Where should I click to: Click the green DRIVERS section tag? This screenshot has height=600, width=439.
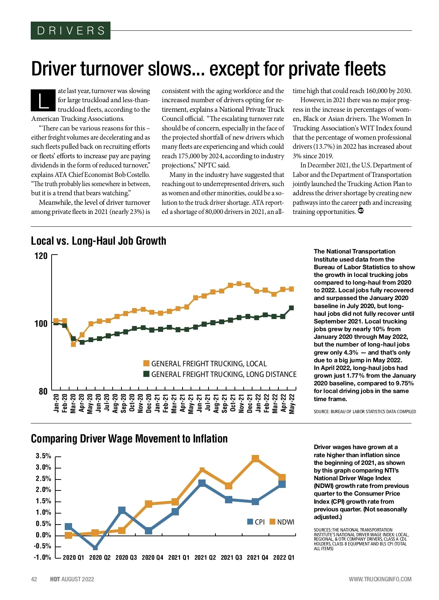(x=71, y=31)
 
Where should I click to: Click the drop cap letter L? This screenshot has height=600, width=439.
(x=43, y=100)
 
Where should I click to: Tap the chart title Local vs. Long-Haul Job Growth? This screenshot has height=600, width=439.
(x=98, y=241)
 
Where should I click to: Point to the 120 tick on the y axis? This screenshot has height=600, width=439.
(x=41, y=256)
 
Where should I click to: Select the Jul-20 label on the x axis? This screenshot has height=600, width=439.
(x=107, y=403)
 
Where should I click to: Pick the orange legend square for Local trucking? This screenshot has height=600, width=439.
(x=146, y=363)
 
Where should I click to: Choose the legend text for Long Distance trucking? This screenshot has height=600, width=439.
(x=224, y=374)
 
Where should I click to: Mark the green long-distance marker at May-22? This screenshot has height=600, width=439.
(x=292, y=308)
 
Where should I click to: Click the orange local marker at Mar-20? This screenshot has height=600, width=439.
(x=74, y=344)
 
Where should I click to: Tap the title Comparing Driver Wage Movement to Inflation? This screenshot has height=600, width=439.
(x=129, y=439)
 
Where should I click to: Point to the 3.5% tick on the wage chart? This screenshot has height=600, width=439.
(x=43, y=456)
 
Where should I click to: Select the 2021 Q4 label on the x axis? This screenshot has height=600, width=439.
(x=258, y=558)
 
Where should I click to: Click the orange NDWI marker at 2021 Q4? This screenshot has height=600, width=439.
(x=255, y=458)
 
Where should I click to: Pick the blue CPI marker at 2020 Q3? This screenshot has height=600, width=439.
(x=122, y=510)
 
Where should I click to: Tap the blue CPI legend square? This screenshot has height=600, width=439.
(x=250, y=522)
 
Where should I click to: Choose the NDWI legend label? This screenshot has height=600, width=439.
(x=286, y=522)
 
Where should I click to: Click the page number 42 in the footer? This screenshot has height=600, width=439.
(x=34, y=579)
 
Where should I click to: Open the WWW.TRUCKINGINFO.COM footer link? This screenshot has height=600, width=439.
(x=380, y=579)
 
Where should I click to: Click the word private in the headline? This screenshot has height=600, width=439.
(x=314, y=69)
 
